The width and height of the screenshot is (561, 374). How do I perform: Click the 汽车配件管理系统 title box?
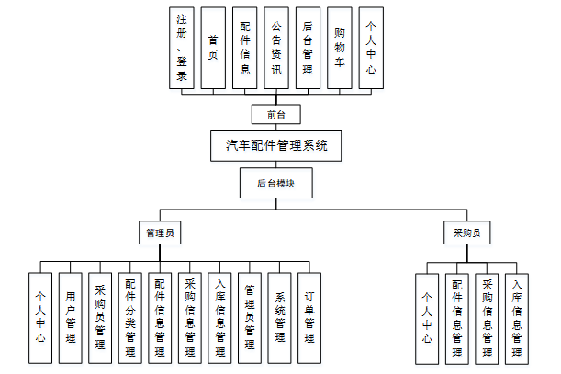click(x=276, y=145)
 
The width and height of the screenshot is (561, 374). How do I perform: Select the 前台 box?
click(x=276, y=115)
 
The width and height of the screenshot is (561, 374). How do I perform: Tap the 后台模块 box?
click(x=276, y=183)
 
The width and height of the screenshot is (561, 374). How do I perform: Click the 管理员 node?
click(x=159, y=233)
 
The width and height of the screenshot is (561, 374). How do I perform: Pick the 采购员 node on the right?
click(x=466, y=233)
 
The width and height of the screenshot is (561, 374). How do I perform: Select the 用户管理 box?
click(x=71, y=316)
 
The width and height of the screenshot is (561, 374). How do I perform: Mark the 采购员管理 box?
click(x=100, y=316)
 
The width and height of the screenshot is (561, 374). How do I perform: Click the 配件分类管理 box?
click(x=130, y=316)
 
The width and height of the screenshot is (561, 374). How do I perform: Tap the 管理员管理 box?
click(x=250, y=316)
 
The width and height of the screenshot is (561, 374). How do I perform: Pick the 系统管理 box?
click(x=280, y=316)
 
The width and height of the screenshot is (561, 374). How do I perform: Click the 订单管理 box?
click(x=310, y=316)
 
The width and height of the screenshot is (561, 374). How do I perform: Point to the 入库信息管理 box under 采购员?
click(x=518, y=316)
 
